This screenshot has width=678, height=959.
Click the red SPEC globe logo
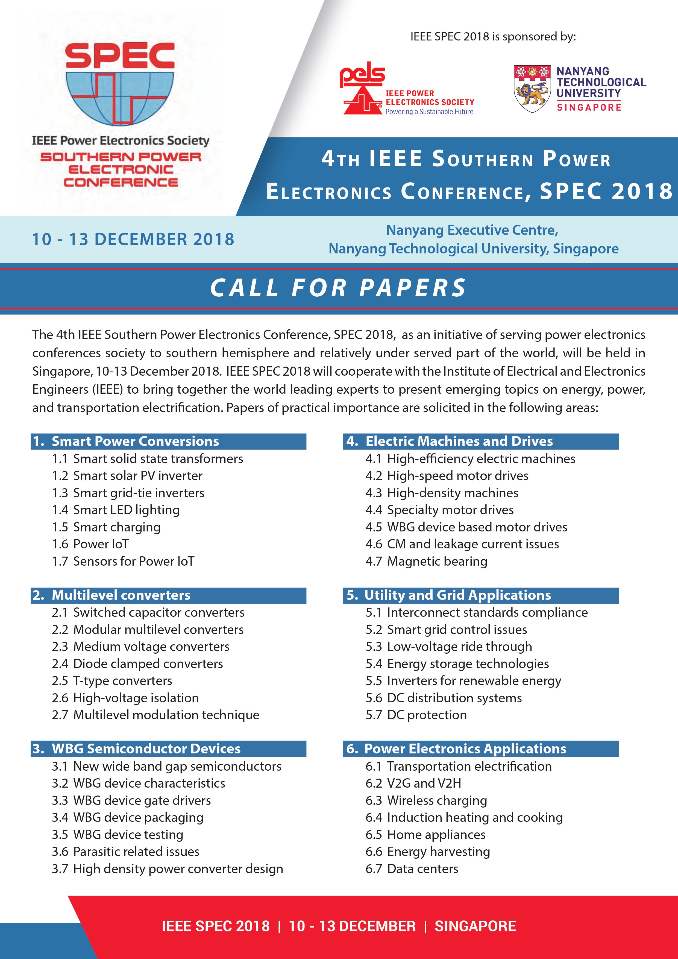pyautogui.click(x=120, y=84)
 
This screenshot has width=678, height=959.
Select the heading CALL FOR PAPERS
pyautogui.click(x=338, y=288)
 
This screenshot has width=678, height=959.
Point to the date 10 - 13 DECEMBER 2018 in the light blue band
pyautogui.click(x=133, y=239)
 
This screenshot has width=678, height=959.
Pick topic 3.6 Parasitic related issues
pyautogui.click(x=126, y=851)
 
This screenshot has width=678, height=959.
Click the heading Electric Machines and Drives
pyautogui.click(x=459, y=441)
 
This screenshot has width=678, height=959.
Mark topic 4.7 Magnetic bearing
pyautogui.click(x=426, y=561)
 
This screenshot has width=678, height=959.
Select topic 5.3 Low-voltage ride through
pyautogui.click(x=449, y=646)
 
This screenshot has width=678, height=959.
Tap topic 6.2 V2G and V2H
pyautogui.click(x=413, y=783)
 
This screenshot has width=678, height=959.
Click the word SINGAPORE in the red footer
pyautogui.click(x=475, y=926)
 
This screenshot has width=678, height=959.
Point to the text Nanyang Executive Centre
pyautogui.click(x=472, y=230)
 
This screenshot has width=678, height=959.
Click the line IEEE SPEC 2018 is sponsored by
pyautogui.click(x=493, y=36)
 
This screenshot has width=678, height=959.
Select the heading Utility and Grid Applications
pyautogui.click(x=457, y=595)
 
